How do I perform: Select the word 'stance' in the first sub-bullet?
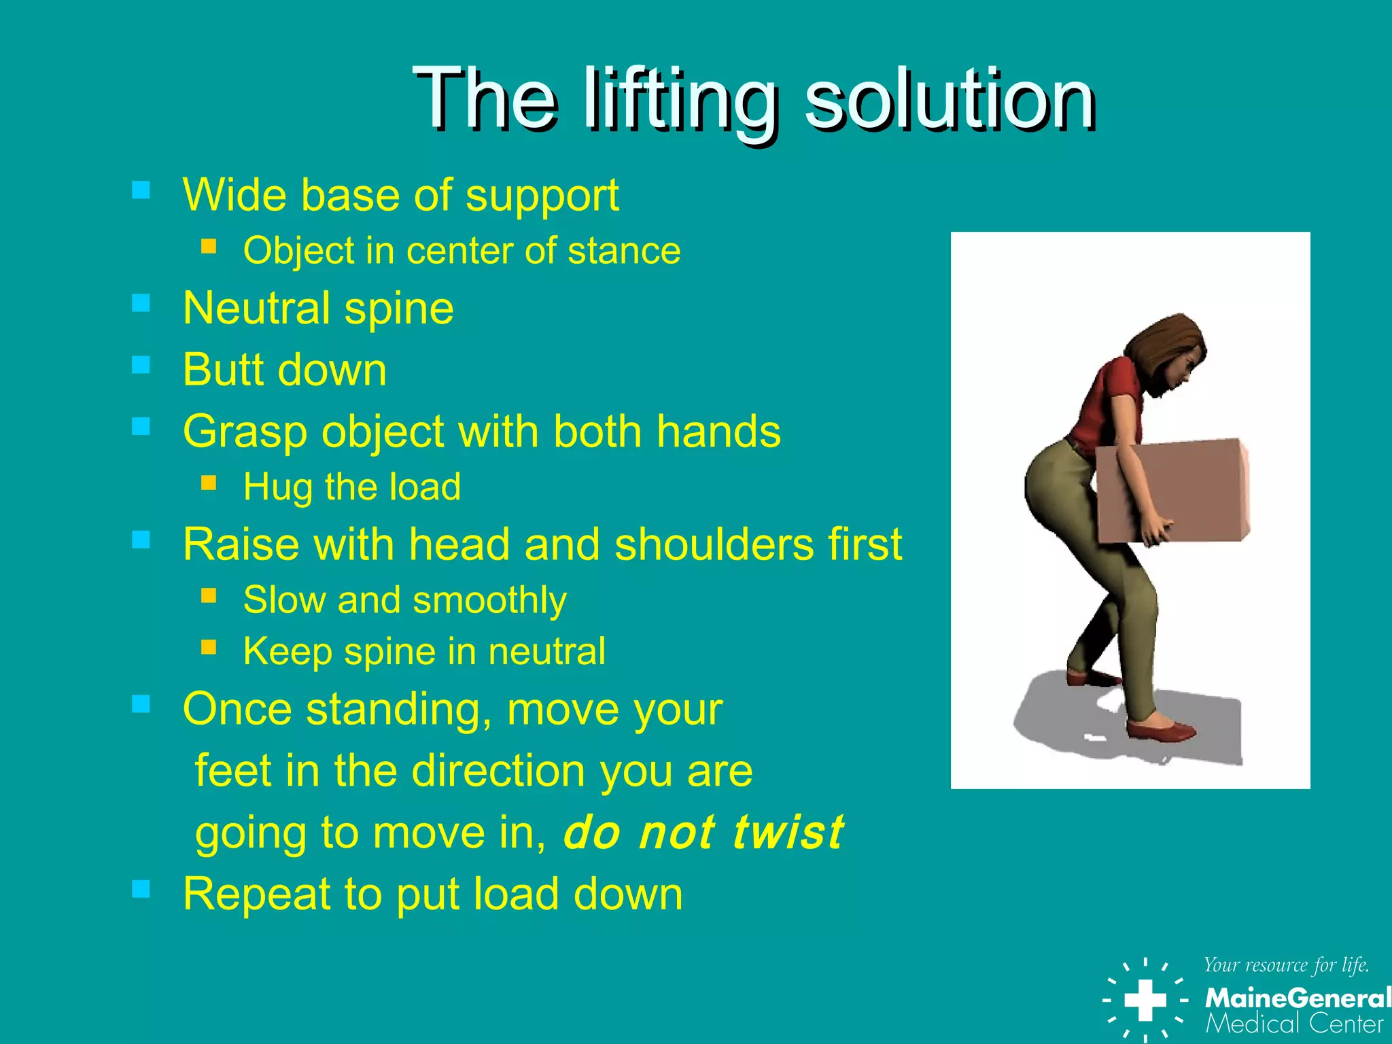point(624,251)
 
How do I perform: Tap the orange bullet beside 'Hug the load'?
point(209,483)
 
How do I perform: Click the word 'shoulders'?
point(713,544)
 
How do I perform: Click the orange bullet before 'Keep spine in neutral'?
point(209,647)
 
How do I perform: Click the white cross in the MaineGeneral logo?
point(1145,1000)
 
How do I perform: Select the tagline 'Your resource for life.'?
point(1286,965)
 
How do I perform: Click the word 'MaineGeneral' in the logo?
point(1297,998)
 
